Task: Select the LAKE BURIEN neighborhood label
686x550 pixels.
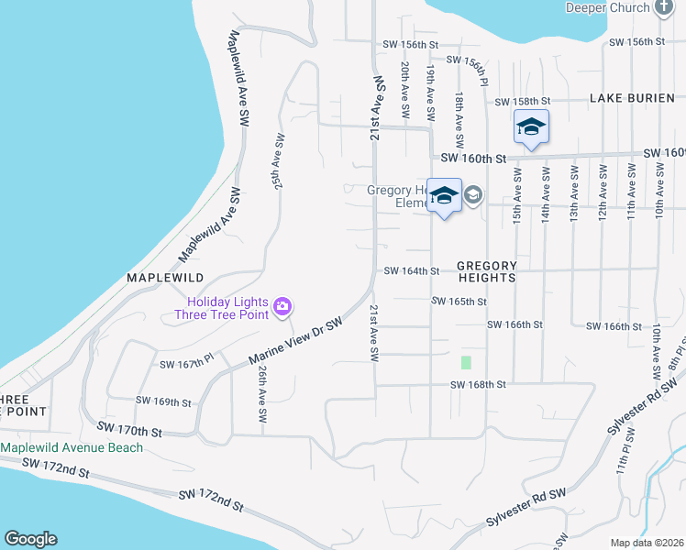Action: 632,98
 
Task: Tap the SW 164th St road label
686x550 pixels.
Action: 412,270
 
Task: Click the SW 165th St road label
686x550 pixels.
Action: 459,301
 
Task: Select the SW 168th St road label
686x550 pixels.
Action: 478,385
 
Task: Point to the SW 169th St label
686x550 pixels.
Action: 163,401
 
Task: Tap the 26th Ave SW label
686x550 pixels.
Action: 262,395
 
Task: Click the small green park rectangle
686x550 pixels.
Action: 466,362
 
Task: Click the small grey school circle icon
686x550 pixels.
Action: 473,194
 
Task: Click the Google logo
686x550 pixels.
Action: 29,539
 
